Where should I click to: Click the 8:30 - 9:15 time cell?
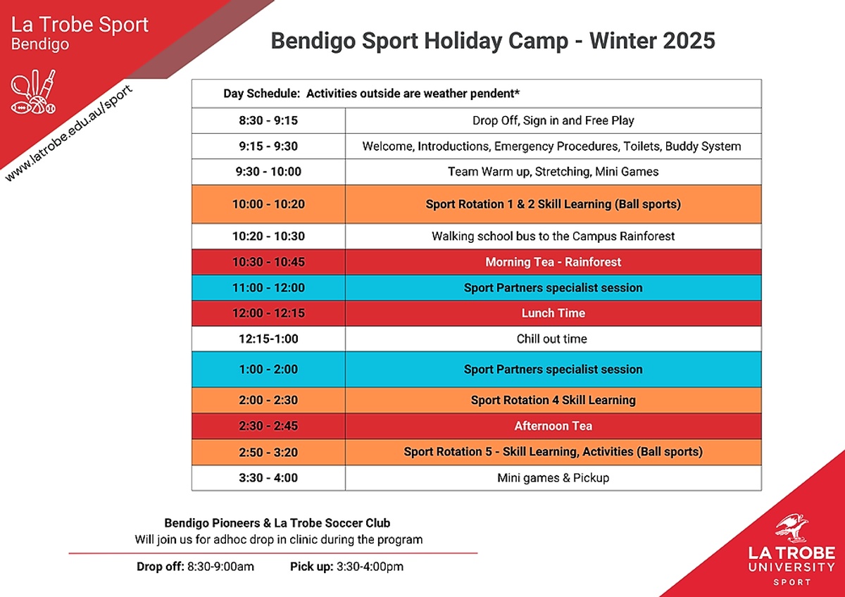click(268, 120)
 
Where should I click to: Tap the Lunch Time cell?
click(553, 313)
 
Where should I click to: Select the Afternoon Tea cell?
click(553, 426)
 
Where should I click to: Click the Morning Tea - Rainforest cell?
click(553, 262)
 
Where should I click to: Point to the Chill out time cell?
click(553, 339)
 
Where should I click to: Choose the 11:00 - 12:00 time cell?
click(268, 288)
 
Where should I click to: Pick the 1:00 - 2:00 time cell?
click(268, 369)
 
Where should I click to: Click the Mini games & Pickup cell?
click(553, 478)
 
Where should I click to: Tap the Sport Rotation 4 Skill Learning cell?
click(553, 400)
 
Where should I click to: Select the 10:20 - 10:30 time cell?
click(268, 236)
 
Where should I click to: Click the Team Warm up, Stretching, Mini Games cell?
click(553, 172)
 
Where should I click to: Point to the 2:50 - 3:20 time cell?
click(268, 452)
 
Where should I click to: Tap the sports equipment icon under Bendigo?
click(33, 92)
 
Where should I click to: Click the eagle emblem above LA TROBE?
click(791, 527)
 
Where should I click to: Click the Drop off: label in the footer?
click(161, 567)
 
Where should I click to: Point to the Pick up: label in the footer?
click(311, 567)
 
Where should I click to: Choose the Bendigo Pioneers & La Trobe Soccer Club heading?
click(277, 523)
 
